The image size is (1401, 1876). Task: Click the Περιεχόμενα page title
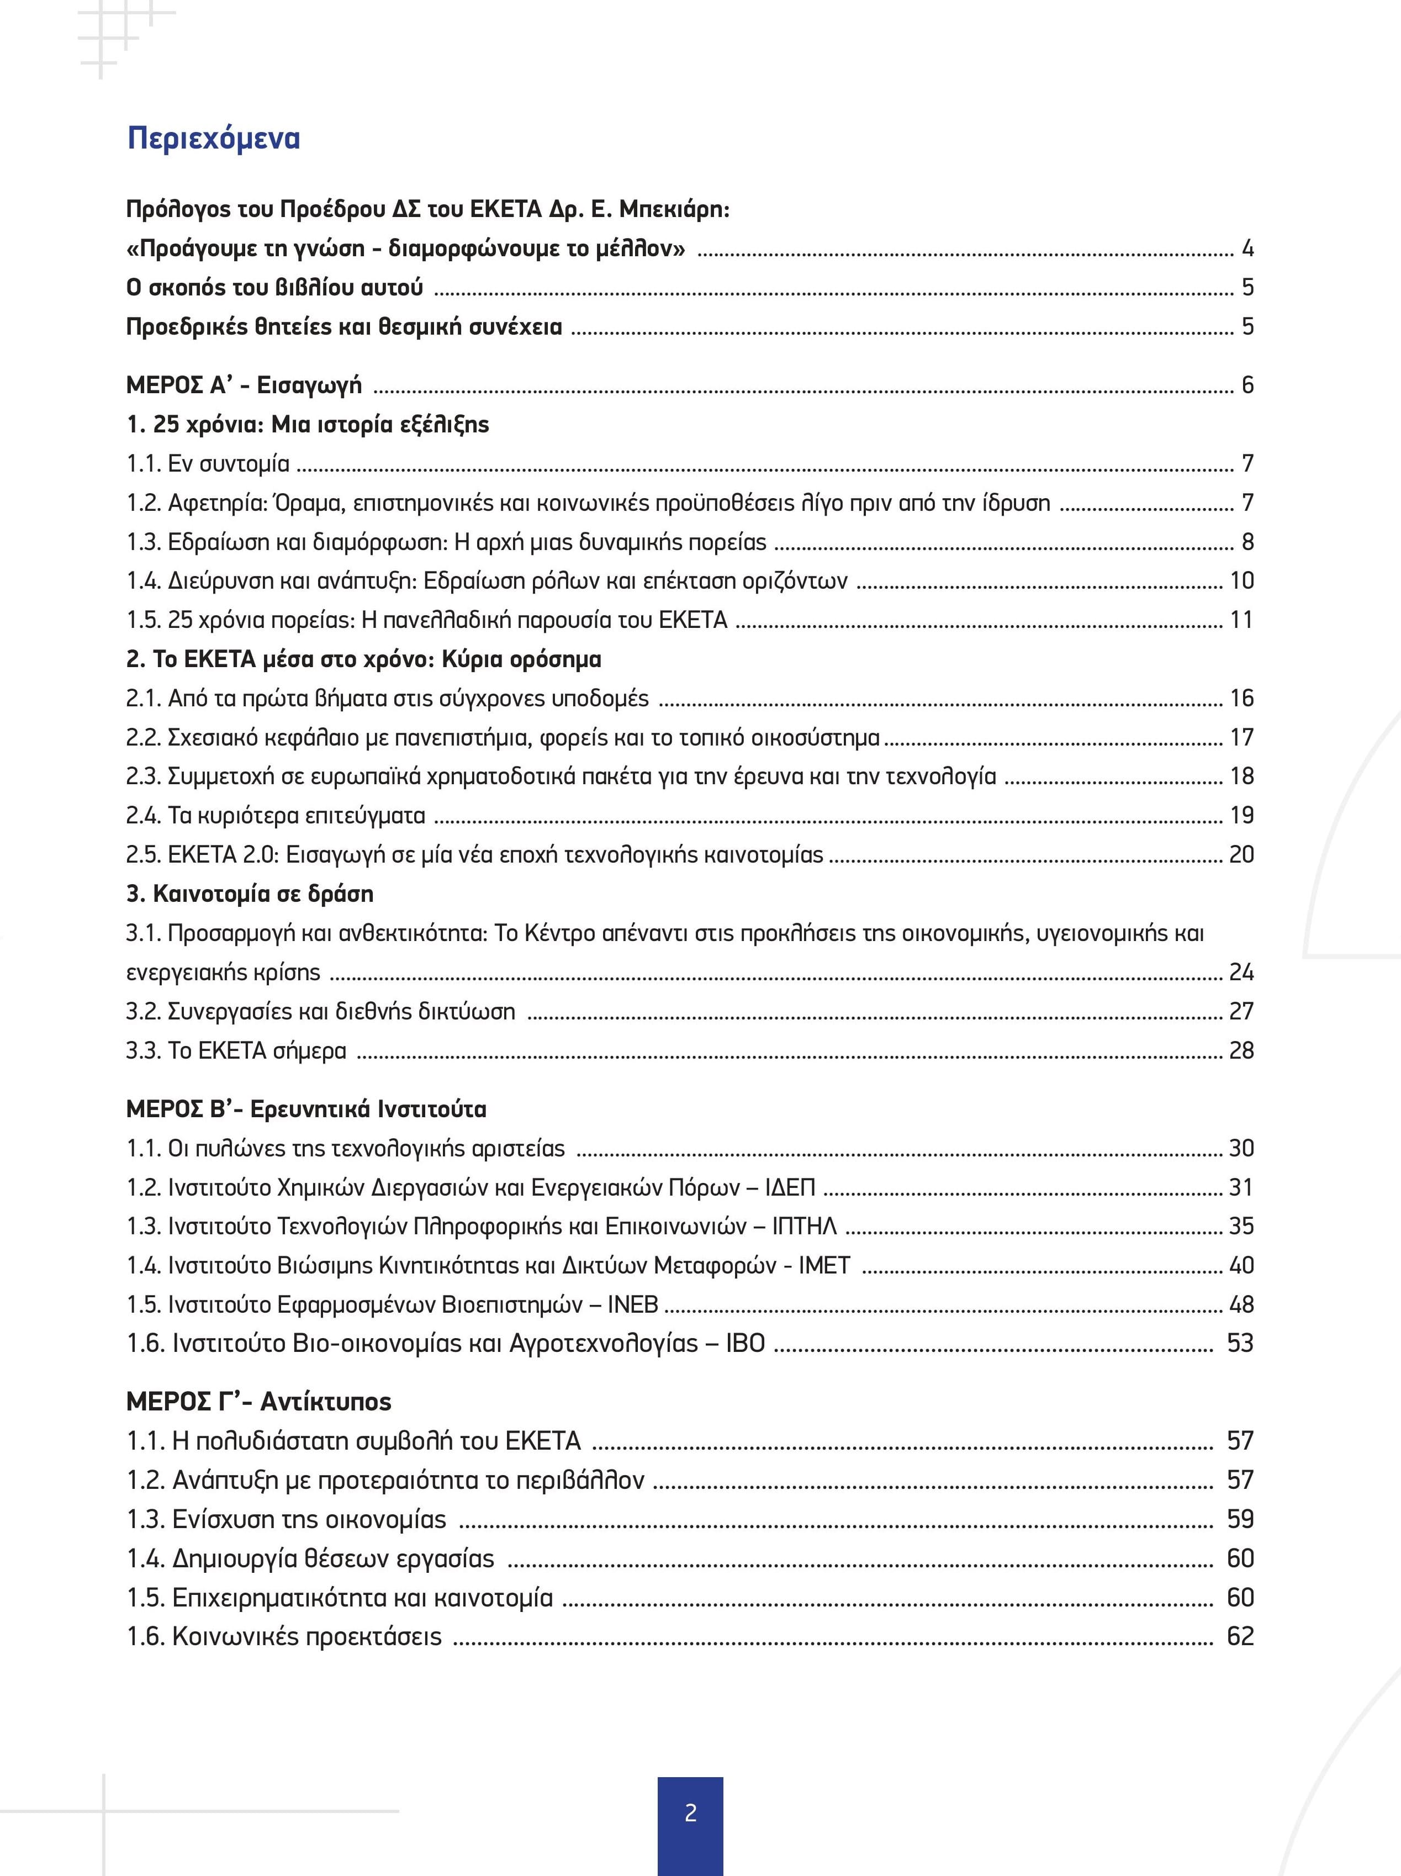[x=214, y=138]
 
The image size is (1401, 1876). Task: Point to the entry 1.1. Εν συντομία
[x=208, y=464]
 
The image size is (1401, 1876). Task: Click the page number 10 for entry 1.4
[x=1241, y=581]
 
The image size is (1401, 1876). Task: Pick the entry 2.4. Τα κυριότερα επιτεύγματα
[x=276, y=816]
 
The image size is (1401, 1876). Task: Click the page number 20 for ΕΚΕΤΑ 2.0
[x=1241, y=855]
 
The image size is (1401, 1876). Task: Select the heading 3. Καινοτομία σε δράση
[x=250, y=894]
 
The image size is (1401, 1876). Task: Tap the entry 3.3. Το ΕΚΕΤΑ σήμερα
[x=236, y=1051]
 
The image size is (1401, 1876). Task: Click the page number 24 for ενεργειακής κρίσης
[x=1241, y=972]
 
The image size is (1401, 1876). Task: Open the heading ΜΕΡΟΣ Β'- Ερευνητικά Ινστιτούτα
[x=306, y=1109]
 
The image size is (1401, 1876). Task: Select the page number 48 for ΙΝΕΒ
[x=1241, y=1304]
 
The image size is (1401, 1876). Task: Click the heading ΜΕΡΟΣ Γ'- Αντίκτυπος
[x=258, y=1402]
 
